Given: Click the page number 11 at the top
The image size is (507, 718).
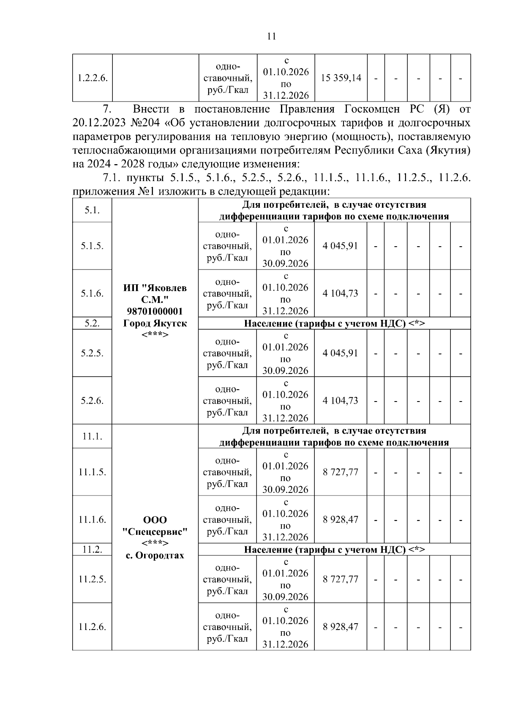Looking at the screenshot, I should point(272,36).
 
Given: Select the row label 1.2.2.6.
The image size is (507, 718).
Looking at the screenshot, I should point(92,78).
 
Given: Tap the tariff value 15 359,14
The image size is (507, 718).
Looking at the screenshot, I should point(341,78).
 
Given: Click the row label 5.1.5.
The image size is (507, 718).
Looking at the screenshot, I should point(92,246).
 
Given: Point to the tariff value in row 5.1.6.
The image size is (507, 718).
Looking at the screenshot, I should point(341,293).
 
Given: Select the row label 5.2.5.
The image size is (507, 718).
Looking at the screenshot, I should point(92,353).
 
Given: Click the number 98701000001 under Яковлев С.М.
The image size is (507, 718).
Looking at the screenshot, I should point(155,311).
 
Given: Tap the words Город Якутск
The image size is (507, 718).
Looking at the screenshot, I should point(155,323).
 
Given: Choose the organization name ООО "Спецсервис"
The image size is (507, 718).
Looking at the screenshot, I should point(155,525).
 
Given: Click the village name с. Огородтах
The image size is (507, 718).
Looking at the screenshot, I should point(155,555).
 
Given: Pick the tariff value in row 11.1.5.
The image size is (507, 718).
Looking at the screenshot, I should point(341,472).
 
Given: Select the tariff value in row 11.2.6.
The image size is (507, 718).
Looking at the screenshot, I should point(341,627).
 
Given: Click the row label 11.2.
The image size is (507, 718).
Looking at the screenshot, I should point(92,549).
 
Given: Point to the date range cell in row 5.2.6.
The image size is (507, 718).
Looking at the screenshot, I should point(286,400).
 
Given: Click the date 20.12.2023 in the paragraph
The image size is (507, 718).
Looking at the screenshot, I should point(98,123).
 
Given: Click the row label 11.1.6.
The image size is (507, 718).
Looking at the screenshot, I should point(92,520).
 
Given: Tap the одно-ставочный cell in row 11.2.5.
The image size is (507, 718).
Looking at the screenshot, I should point(227,579).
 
